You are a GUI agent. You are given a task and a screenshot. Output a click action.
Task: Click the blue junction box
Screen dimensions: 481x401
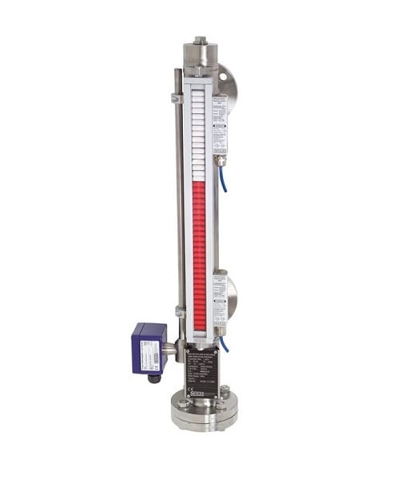tap(149, 350)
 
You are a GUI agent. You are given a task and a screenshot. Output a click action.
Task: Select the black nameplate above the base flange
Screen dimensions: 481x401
tap(200, 373)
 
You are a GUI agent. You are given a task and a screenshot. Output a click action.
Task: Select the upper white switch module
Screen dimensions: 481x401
tap(218, 124)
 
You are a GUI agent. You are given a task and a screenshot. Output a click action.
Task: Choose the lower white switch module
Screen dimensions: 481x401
tap(219, 301)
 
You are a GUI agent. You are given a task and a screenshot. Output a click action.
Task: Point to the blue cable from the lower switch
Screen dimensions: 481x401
tap(225, 345)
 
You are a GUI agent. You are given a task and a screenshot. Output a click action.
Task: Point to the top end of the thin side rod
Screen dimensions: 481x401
tap(178, 72)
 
